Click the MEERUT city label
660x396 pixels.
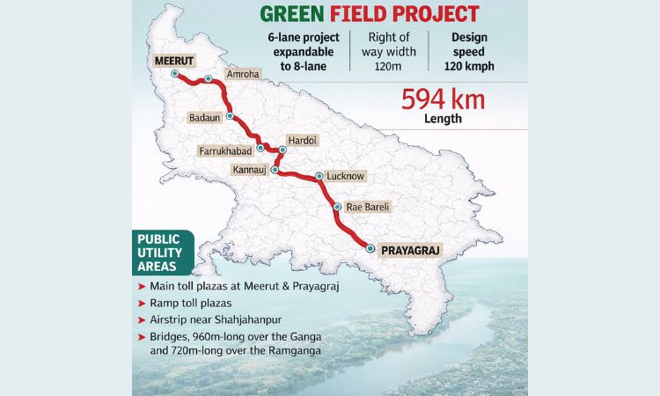click(x=172, y=61)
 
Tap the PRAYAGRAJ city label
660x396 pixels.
click(x=410, y=251)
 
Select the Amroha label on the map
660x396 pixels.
click(x=242, y=74)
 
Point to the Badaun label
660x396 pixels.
click(x=205, y=116)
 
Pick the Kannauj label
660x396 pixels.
click(x=251, y=169)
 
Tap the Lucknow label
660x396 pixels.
click(x=345, y=176)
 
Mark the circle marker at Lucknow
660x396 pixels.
click(x=319, y=176)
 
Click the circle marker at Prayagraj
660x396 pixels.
click(x=370, y=250)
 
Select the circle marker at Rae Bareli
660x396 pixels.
click(x=337, y=208)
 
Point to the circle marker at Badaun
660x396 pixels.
click(x=229, y=116)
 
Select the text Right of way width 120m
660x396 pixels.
click(x=392, y=53)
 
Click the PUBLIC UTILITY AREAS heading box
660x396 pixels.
click(x=158, y=252)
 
